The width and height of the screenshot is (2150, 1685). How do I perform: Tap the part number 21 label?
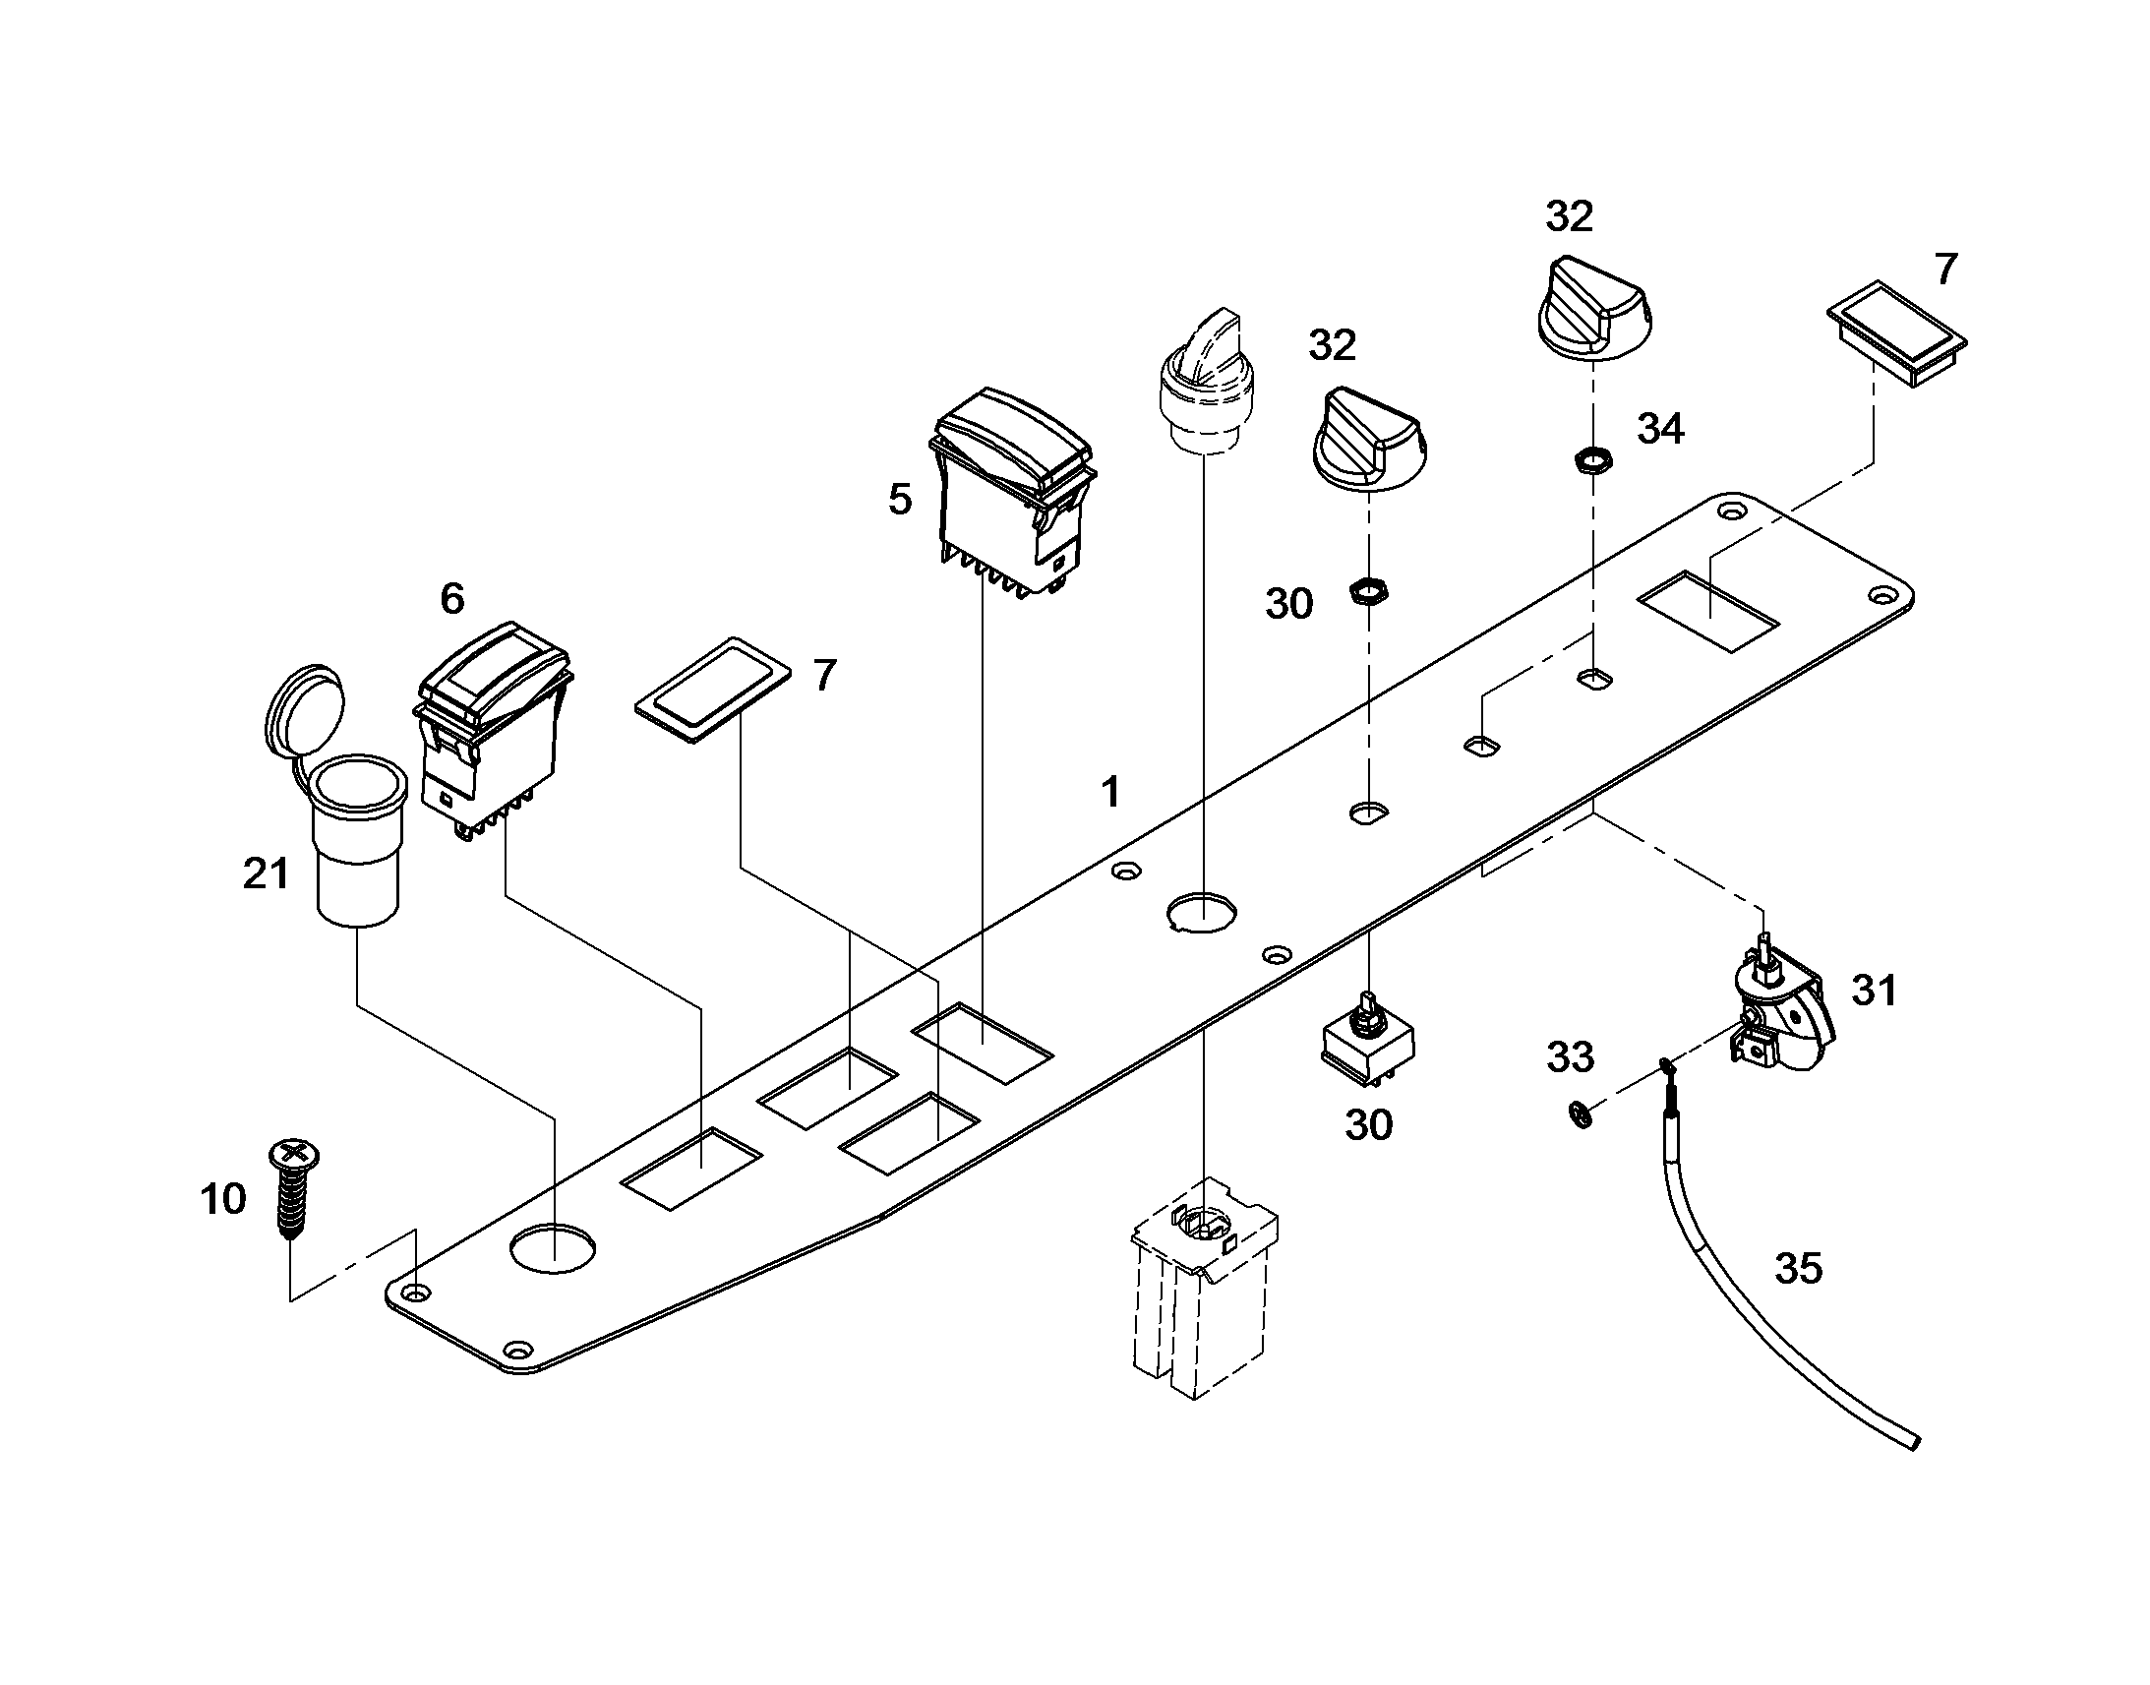(266, 874)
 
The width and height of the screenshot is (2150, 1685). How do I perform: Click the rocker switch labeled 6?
(492, 730)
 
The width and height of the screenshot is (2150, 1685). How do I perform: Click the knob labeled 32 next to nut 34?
(1593, 307)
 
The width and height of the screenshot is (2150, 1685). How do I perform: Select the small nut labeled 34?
(1588, 458)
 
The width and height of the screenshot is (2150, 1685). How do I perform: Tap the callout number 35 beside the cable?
(1798, 1269)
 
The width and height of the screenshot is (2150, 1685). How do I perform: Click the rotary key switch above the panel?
(1205, 382)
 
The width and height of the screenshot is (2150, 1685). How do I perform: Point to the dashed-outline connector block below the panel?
(1204, 1287)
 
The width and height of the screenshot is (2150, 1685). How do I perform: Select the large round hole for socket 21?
(554, 1247)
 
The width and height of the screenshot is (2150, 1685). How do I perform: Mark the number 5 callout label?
(900, 500)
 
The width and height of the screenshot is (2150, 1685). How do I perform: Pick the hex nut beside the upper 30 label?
(1368, 592)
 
